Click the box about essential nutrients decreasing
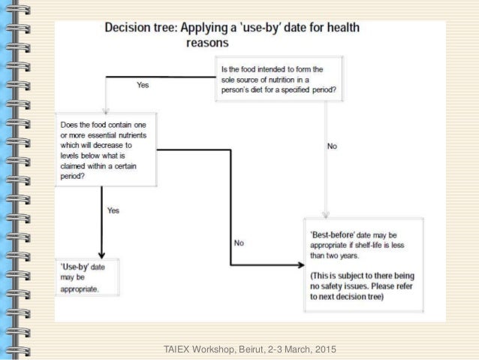click(105, 150)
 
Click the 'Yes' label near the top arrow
click(142, 86)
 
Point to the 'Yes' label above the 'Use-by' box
click(113, 211)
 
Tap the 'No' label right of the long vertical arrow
click(333, 146)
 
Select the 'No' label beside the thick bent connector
click(239, 243)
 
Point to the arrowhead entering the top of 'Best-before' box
click(324, 213)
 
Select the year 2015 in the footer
click(322, 350)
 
